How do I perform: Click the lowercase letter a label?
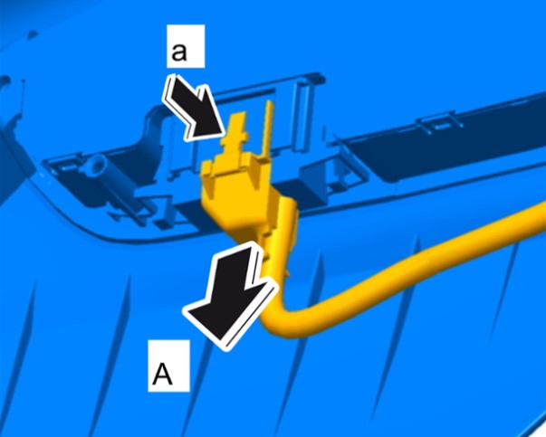[x=179, y=52]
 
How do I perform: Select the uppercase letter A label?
[x=163, y=373]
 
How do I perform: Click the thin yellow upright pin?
[x=268, y=129]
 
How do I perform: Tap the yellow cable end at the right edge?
[x=539, y=216]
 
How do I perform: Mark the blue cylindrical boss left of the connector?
[x=95, y=166]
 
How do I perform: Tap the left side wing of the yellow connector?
[x=210, y=170]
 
